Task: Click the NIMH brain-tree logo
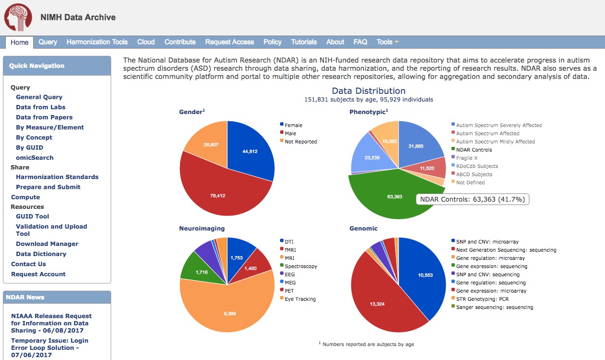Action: point(18,18)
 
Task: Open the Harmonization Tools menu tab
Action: point(97,42)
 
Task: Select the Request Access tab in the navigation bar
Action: point(229,42)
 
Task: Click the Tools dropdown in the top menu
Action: point(387,42)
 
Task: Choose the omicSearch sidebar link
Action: point(35,157)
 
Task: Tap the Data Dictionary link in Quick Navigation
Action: point(41,254)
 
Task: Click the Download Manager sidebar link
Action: point(47,244)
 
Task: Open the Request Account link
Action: point(39,274)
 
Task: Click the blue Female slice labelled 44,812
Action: point(250,152)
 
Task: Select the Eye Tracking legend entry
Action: point(300,299)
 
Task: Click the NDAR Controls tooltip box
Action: point(473,199)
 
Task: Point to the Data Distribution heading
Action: point(369,91)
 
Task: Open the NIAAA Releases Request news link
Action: point(51,323)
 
